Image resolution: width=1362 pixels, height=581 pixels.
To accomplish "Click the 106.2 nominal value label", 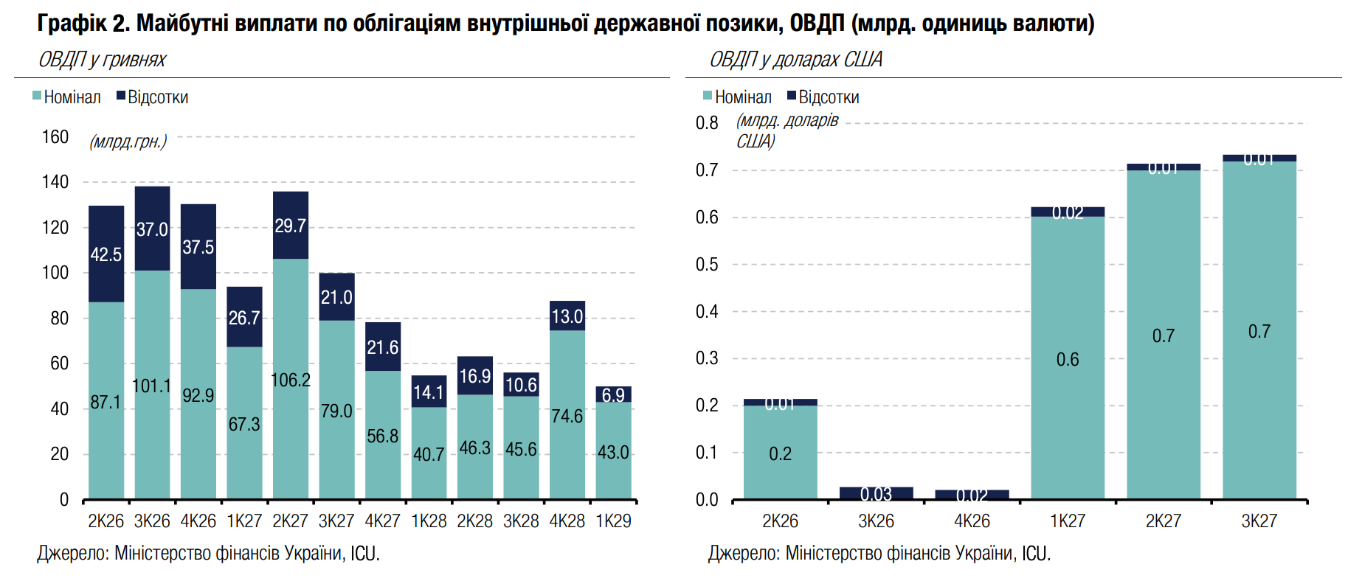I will pos(291,380).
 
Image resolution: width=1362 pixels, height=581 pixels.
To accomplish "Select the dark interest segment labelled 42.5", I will pos(106,254).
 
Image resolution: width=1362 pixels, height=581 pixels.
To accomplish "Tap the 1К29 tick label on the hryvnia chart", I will pos(613,521).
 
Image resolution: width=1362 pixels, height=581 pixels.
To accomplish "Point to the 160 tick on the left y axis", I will pos(55,137).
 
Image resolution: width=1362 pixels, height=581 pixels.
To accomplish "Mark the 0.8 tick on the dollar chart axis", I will pos(707,123).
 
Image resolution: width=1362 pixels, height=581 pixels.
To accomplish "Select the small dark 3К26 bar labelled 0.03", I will pos(876,493).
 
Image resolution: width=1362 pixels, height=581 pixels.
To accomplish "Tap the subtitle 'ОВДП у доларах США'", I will pos(795,60).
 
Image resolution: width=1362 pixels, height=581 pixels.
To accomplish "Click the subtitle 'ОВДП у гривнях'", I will pos(103,60).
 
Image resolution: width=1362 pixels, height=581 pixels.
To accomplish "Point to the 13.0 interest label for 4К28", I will pos(567,316).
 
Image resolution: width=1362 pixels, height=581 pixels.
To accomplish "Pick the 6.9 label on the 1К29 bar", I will pos(613,395).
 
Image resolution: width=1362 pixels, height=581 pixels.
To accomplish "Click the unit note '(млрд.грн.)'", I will pos(128,142).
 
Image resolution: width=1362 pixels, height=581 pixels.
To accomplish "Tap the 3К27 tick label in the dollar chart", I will pos(1259,521).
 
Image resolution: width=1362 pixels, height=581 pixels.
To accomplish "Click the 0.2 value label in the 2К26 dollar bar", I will pos(780,453).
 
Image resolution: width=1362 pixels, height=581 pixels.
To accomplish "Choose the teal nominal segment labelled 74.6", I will pos(567,416).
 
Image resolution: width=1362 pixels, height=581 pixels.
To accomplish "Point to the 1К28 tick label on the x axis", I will pos(429,521).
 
